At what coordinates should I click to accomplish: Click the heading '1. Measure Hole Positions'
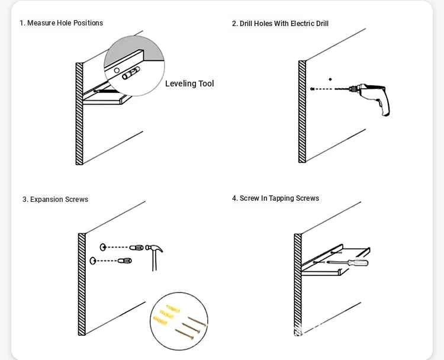tap(61, 23)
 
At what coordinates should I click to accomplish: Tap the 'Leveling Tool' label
tap(189, 83)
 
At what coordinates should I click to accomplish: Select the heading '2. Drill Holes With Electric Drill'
tap(280, 24)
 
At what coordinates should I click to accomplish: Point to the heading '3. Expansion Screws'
tap(55, 200)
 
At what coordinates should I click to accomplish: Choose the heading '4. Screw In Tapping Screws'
tap(275, 198)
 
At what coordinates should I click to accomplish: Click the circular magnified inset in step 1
tap(134, 65)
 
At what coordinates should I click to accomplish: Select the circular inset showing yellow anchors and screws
tap(179, 321)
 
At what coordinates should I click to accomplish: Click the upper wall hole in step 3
tap(103, 247)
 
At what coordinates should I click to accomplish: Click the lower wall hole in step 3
tap(93, 261)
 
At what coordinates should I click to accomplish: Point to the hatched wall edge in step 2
tap(302, 111)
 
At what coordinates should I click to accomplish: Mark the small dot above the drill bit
tap(330, 79)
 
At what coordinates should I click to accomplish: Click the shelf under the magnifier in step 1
tap(107, 100)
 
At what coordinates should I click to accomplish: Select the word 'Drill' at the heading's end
tap(319, 24)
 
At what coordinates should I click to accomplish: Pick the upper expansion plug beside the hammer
tap(136, 247)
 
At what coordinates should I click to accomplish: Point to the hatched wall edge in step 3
tap(82, 284)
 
